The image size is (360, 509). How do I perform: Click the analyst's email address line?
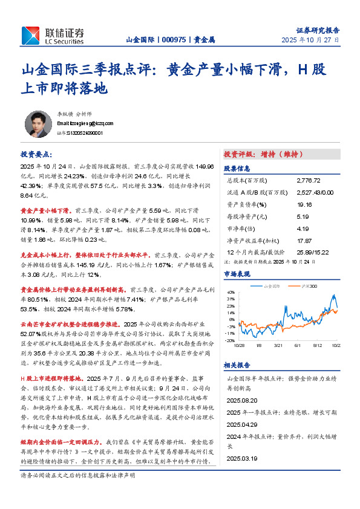(80, 123)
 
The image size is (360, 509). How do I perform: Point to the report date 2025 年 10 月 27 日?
(310, 39)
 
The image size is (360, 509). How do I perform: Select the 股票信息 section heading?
(237, 169)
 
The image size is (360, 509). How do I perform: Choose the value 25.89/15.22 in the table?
(312, 251)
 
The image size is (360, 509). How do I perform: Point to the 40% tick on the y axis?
(231, 292)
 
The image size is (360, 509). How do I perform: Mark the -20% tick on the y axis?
(230, 341)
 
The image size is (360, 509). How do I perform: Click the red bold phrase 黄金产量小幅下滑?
(48, 210)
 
